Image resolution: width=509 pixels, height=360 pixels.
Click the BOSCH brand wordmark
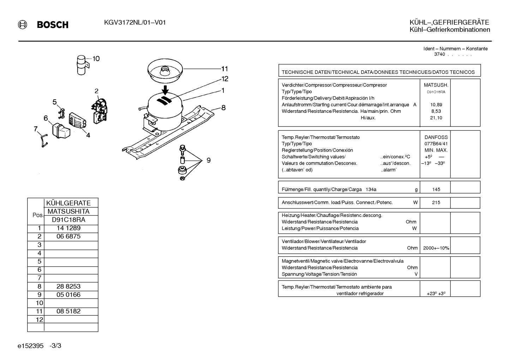click(53, 25)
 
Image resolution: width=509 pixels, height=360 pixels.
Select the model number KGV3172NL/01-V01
click(135, 23)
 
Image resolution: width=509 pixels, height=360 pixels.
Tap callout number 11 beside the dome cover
click(224, 69)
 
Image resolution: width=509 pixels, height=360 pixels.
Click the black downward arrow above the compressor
click(165, 90)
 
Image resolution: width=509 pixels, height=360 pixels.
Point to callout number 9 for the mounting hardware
click(209, 160)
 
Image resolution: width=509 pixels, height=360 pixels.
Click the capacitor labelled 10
click(82, 65)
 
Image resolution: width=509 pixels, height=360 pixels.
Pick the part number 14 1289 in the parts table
click(68, 228)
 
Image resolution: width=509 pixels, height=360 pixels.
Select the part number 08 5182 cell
click(68, 311)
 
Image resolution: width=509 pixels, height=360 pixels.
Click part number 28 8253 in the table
click(68, 286)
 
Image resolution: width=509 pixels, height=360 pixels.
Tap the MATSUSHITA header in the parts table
click(68, 212)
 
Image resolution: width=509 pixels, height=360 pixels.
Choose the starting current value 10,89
click(436, 105)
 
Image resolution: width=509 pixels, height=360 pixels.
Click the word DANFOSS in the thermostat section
click(436, 137)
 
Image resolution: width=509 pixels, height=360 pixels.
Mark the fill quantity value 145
click(436, 189)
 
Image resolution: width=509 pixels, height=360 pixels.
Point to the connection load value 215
click(436, 202)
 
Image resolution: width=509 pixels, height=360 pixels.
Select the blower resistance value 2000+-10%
click(436, 248)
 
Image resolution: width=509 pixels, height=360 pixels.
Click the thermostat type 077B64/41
click(436, 144)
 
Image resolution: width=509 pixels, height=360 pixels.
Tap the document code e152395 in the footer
click(30, 346)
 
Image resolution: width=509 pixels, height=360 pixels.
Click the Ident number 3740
click(439, 54)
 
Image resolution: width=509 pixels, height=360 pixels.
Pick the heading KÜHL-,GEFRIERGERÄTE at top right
click(449, 22)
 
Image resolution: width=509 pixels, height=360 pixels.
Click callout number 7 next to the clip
click(35, 129)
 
